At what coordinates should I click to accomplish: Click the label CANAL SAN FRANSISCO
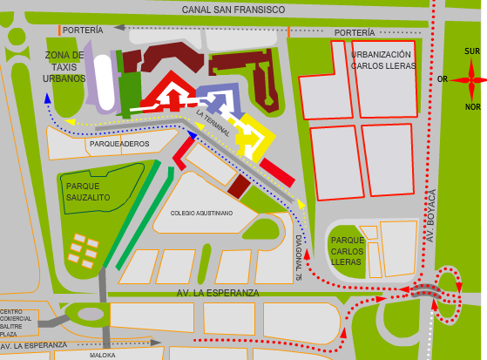(x=233, y=10)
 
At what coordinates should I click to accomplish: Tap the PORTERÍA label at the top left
(x=83, y=30)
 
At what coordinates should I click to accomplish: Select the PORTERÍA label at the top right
(x=355, y=33)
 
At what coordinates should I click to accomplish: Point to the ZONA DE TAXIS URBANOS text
(x=64, y=66)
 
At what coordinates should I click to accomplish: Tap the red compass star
(x=470, y=79)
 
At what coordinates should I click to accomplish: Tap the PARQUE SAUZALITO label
(x=88, y=192)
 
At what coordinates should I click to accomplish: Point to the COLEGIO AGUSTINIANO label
(x=201, y=213)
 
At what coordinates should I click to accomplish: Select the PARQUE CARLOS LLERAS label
(x=347, y=251)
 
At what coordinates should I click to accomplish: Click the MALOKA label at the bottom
(x=103, y=356)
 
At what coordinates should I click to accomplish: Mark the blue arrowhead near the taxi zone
(x=47, y=98)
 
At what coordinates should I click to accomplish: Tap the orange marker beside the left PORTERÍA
(x=59, y=31)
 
